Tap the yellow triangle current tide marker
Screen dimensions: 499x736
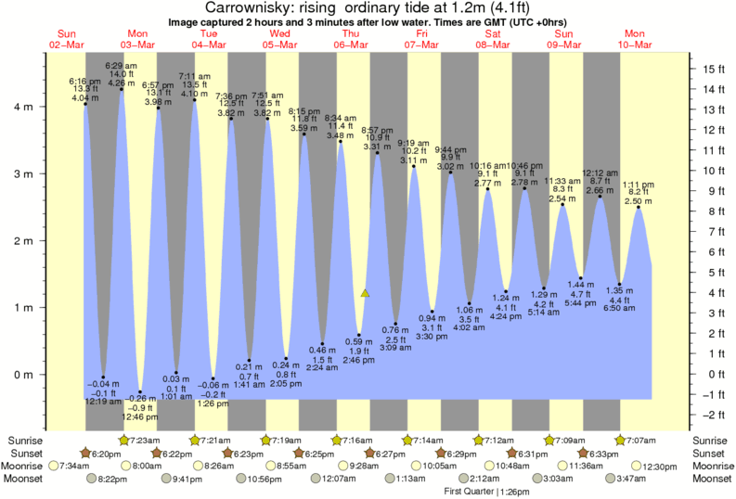click(366, 293)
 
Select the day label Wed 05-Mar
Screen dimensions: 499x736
click(278, 39)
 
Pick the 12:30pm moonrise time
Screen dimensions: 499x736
click(665, 467)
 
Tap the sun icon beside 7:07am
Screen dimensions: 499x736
click(621, 439)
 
